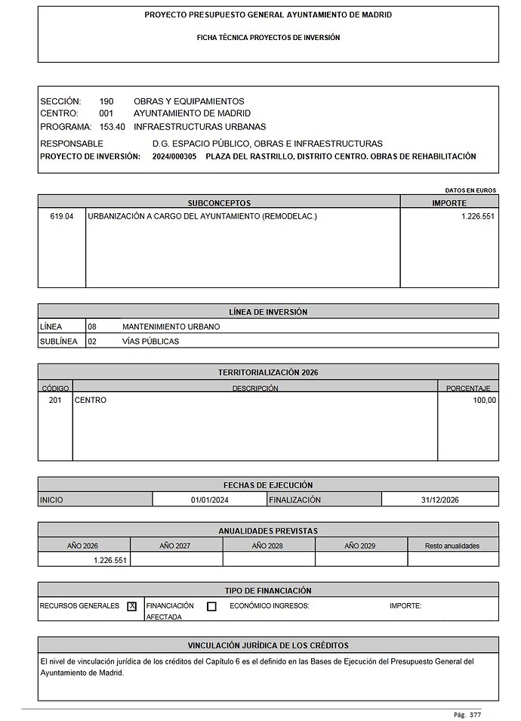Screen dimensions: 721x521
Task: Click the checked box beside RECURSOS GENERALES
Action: click(132, 606)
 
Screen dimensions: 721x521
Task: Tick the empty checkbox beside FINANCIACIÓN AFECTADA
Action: click(211, 606)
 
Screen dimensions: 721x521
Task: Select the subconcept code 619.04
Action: click(63, 216)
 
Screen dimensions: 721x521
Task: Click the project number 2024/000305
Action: click(174, 156)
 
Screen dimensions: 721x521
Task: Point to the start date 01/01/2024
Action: click(209, 500)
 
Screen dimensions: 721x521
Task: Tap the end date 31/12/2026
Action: click(439, 500)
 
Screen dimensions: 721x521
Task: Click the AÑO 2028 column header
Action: click(268, 545)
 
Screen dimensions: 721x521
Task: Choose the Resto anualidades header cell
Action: click(452, 545)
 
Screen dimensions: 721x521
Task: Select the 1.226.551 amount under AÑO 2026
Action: click(110, 560)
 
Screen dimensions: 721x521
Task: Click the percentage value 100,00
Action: click(484, 401)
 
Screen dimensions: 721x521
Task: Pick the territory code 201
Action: click(55, 401)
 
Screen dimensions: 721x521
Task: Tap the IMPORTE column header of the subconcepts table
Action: click(449, 203)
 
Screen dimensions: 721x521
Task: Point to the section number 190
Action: click(106, 101)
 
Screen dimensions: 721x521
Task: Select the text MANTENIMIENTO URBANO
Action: click(171, 326)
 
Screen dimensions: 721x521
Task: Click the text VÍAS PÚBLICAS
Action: click(150, 341)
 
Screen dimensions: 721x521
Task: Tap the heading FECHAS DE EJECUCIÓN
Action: click(268, 484)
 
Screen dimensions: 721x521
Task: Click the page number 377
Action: click(475, 714)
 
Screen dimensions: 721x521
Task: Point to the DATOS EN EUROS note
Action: click(472, 190)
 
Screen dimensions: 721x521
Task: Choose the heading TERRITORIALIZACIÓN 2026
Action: click(268, 373)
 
